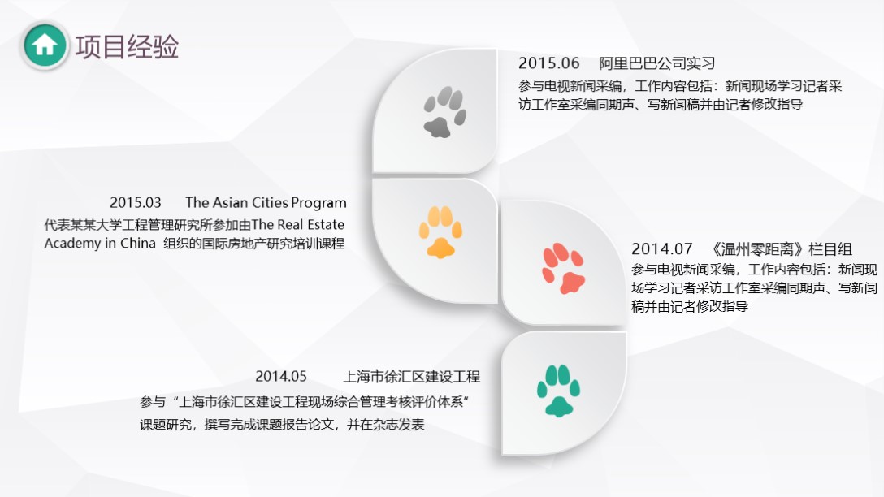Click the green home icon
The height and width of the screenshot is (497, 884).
click(x=45, y=45)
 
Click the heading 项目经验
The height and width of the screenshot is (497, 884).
click(x=127, y=46)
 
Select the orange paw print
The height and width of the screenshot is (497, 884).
click(x=440, y=232)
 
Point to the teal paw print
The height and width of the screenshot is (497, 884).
click(x=558, y=391)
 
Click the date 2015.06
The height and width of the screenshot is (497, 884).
click(x=549, y=63)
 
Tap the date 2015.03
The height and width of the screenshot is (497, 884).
click(x=136, y=202)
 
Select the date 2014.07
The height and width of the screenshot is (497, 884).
click(x=661, y=248)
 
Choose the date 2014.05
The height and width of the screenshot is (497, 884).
click(x=281, y=376)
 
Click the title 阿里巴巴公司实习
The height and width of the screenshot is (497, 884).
click(x=656, y=63)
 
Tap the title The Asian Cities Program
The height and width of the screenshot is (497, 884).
click(x=266, y=202)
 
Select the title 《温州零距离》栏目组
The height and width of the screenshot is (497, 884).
click(x=781, y=248)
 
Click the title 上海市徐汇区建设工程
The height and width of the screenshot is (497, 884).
click(x=412, y=376)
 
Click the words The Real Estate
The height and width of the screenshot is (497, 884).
click(x=298, y=224)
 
